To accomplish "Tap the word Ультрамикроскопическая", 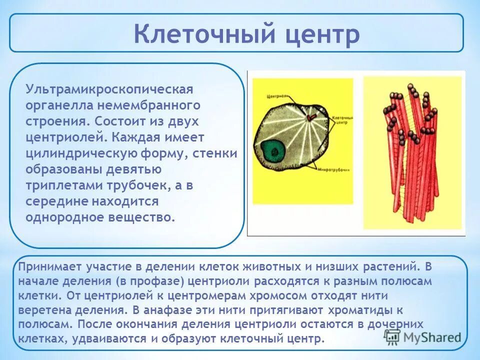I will point(109,90).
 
